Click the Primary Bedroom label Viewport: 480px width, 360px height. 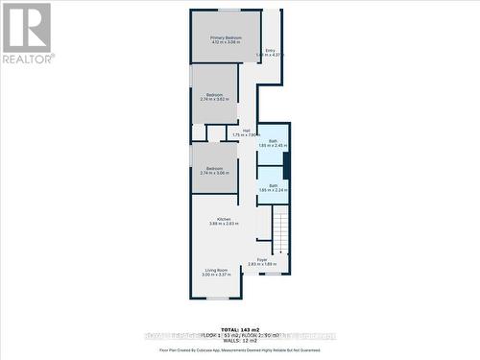coord(226,37)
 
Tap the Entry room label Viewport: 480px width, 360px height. coord(270,50)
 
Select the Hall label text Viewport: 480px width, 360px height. coord(247,131)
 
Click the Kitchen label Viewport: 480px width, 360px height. coord(223,219)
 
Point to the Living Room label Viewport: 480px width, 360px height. coord(215,270)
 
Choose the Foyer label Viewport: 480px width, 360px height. coord(262,259)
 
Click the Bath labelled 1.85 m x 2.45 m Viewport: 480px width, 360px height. coord(273,141)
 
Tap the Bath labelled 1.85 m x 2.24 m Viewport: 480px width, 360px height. coord(273,185)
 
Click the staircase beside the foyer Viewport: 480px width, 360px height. coord(280,230)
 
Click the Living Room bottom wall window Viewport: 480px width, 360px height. coord(218,299)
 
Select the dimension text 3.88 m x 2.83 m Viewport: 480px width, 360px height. coord(223,224)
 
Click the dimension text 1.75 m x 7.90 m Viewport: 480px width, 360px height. coord(247,135)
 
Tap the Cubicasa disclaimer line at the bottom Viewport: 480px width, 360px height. coord(240,351)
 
